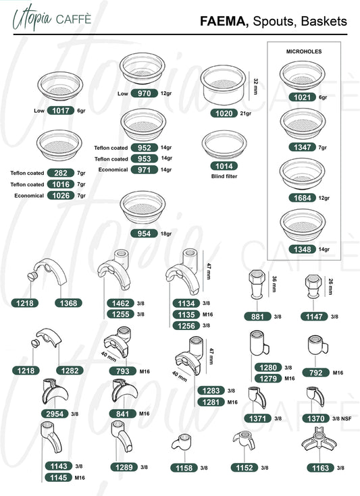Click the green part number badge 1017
point(61,111)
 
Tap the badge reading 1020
point(224,113)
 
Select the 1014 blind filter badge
point(224,166)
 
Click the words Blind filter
point(224,176)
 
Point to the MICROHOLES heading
point(304,51)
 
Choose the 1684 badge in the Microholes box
point(303,198)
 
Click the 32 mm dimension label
point(256,86)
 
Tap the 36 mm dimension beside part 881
point(274,283)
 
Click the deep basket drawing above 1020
point(223,85)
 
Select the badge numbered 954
point(144,233)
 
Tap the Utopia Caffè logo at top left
point(51,18)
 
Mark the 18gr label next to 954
point(166,233)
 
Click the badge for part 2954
point(55,414)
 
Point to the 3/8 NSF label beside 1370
point(342,418)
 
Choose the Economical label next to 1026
point(29,196)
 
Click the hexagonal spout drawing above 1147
point(313,287)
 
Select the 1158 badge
point(184,468)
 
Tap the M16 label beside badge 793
point(145,371)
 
